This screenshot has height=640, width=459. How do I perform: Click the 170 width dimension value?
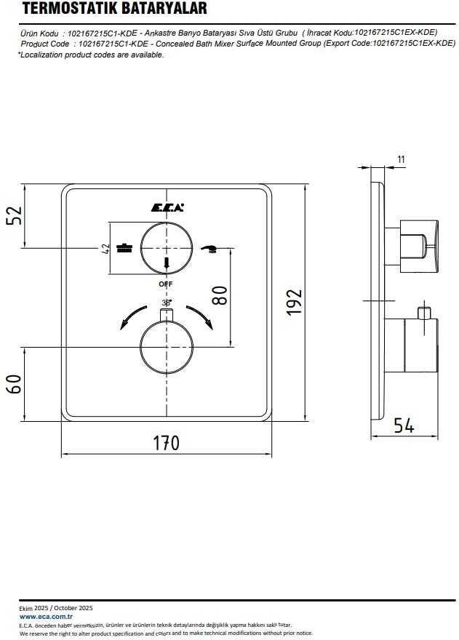(x=166, y=443)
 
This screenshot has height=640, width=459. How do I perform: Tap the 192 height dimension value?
(x=294, y=303)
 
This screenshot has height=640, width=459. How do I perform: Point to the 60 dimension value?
(x=14, y=384)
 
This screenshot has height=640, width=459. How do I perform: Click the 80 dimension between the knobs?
(x=220, y=295)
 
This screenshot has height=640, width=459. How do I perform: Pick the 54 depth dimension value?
(x=404, y=425)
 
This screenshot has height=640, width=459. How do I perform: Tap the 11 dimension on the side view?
(x=402, y=159)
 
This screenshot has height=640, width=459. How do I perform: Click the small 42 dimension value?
(x=105, y=249)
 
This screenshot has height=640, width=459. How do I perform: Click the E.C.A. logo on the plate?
(x=167, y=208)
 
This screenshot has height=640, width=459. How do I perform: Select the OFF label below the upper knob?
(x=166, y=284)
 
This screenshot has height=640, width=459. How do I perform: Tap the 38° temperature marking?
(x=166, y=303)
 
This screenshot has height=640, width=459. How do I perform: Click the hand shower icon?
(x=209, y=249)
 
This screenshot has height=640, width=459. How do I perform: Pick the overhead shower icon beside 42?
(x=124, y=248)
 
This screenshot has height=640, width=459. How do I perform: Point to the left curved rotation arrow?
(x=132, y=316)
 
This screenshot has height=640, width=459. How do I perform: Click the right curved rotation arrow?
(x=200, y=316)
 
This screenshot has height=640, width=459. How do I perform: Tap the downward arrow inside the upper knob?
(x=166, y=263)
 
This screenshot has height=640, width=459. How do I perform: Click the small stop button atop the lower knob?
(x=167, y=315)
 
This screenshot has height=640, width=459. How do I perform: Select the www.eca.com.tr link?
(x=46, y=617)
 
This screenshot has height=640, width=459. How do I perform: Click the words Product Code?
(x=45, y=44)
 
